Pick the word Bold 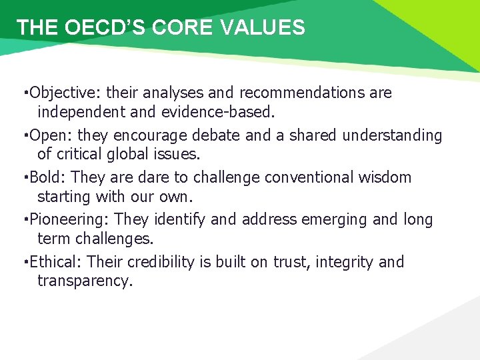tap(47, 177)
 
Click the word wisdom tap(388, 177)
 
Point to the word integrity tap(343, 262)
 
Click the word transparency tap(85, 281)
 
